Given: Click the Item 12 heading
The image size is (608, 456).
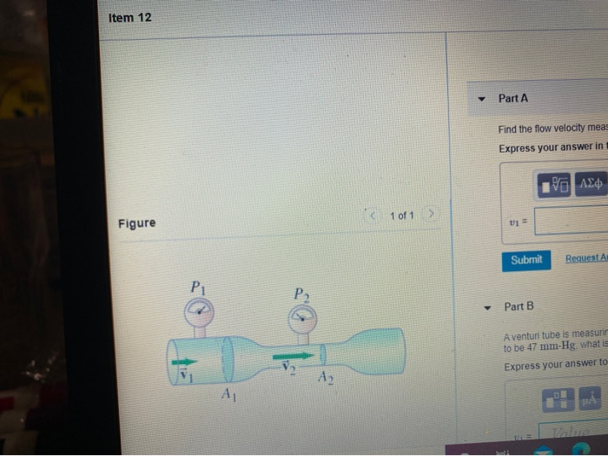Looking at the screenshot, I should [x=130, y=17].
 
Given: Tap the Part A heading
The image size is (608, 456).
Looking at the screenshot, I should [x=513, y=99].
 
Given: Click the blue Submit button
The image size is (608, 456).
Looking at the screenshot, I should [x=525, y=260].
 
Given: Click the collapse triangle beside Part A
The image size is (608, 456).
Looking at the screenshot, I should [x=482, y=99].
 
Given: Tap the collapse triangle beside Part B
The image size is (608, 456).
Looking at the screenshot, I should [x=489, y=307].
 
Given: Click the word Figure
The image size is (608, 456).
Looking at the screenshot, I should [x=137, y=223].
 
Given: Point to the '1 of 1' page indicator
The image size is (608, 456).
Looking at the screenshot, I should [x=401, y=215].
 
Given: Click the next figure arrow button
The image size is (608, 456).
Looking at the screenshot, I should [x=429, y=215].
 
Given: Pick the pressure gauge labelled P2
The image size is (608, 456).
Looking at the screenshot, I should [x=303, y=314].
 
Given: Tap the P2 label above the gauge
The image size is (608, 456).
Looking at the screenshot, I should [x=301, y=293].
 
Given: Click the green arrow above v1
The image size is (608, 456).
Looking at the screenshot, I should [x=184, y=361].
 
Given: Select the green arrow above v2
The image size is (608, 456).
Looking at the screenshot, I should [x=293, y=355].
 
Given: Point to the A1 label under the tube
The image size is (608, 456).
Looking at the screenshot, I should [x=228, y=396].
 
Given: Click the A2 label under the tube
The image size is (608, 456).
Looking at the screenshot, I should [x=325, y=378].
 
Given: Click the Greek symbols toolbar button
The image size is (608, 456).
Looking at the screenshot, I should [x=589, y=184].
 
